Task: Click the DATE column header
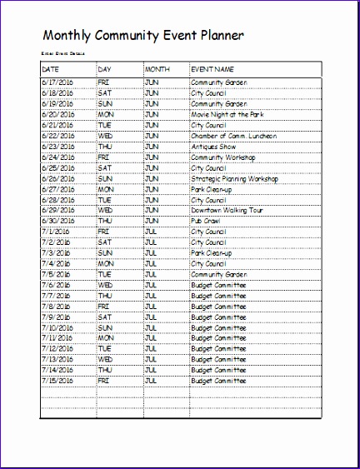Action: [x=51, y=68]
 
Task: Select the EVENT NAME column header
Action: [x=212, y=68]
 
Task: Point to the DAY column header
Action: [x=104, y=68]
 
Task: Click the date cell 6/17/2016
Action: [x=57, y=83]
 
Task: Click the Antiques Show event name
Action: [x=216, y=146]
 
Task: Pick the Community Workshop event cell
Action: [x=222, y=157]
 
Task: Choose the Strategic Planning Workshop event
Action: [x=233, y=178]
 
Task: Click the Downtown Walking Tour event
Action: [x=227, y=210]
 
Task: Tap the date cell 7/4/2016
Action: [x=55, y=263]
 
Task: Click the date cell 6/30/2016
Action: [x=57, y=221]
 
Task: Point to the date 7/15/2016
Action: [x=57, y=381]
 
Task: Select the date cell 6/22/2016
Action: [x=57, y=135]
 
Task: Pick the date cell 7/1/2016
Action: [x=55, y=232]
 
